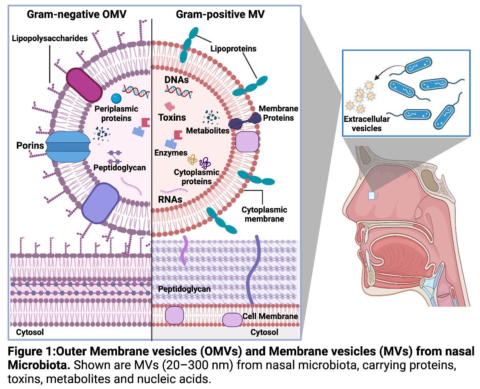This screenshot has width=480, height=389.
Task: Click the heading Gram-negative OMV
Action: point(76,15)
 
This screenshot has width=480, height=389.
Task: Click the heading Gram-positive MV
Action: point(220,15)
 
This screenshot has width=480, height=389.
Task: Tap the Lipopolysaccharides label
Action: point(50,39)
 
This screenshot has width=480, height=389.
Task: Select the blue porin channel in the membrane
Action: point(67,147)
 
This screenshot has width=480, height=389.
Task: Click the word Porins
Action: point(30,145)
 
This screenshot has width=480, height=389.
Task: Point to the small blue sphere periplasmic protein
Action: point(116,98)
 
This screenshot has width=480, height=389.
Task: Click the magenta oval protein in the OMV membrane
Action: point(84,85)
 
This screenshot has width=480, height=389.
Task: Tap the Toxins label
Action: point(172,118)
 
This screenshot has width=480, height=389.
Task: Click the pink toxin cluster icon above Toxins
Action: point(170,107)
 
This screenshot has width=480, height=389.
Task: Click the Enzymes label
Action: point(171,153)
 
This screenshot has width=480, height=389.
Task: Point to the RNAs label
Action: point(170,199)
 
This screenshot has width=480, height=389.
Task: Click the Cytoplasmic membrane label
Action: point(264,214)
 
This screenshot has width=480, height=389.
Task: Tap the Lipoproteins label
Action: point(233,49)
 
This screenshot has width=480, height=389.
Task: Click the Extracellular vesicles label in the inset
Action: point(363,124)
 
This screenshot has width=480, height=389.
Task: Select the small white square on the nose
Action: point(372,195)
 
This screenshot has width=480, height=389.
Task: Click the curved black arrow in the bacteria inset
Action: point(387,72)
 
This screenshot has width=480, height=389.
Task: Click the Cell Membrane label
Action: point(270,316)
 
